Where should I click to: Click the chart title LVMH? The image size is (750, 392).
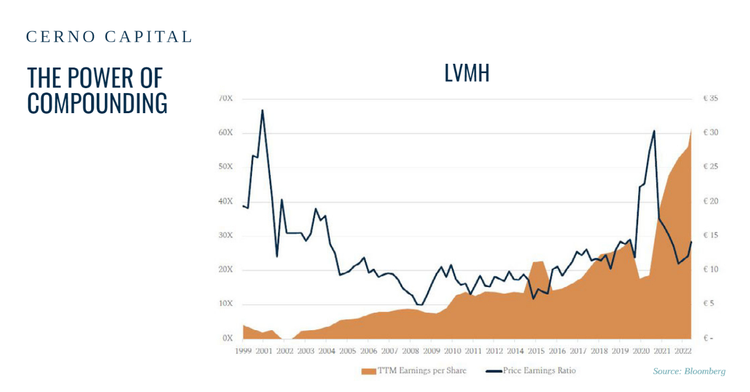point(466,74)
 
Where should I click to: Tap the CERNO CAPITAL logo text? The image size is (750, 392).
point(109,37)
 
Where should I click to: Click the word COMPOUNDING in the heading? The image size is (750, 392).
point(97,103)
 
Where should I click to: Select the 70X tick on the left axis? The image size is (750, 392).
point(226,99)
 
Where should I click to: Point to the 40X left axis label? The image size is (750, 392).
point(226,201)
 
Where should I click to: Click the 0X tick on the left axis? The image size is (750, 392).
point(227,338)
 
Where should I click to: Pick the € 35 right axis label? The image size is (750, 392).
point(710,99)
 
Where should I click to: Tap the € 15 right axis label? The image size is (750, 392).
point(710,236)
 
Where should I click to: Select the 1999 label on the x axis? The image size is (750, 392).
point(243,351)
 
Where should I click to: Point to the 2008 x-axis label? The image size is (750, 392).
point(411,351)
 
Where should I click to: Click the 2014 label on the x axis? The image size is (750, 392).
point(516,351)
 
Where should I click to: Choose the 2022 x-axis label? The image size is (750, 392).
point(684,351)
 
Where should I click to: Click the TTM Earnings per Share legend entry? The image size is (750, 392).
point(414,371)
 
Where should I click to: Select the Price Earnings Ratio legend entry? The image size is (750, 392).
point(531,371)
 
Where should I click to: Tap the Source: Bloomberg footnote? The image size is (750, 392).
point(689,371)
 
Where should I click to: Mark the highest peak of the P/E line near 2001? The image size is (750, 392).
point(262,111)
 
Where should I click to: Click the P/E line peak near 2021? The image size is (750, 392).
point(654,131)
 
